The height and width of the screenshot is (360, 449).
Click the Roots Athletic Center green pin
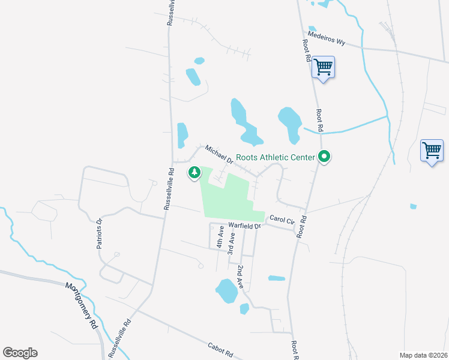point(325,157)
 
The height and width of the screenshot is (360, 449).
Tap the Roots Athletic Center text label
point(275,158)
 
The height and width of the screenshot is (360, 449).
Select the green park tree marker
point(194,173)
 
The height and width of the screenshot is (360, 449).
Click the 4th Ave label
point(220,236)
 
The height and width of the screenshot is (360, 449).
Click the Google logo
point(20,353)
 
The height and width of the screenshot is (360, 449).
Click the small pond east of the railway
point(413,206)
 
